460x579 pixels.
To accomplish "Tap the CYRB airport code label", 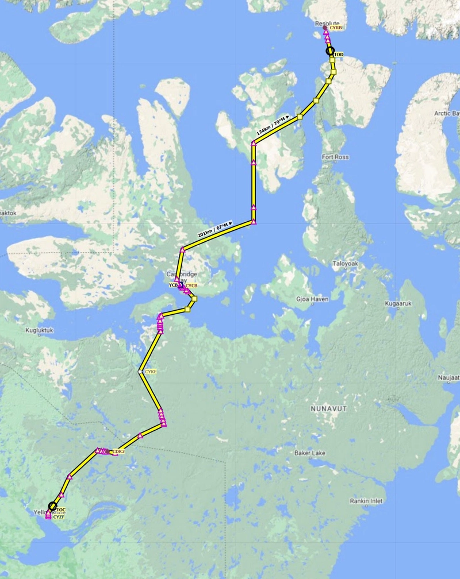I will (x=336, y=27).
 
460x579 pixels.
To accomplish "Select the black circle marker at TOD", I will (x=330, y=51).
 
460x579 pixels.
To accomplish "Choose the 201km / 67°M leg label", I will (x=213, y=230).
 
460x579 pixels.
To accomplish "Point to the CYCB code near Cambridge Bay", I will (x=191, y=285).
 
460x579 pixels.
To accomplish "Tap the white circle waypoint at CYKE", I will (x=140, y=372).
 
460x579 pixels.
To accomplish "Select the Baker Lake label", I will (x=310, y=453).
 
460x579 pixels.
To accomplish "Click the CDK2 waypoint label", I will (x=119, y=451).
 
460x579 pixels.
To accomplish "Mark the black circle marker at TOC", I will (x=53, y=506).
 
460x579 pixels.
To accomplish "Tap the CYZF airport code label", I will (x=59, y=517).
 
